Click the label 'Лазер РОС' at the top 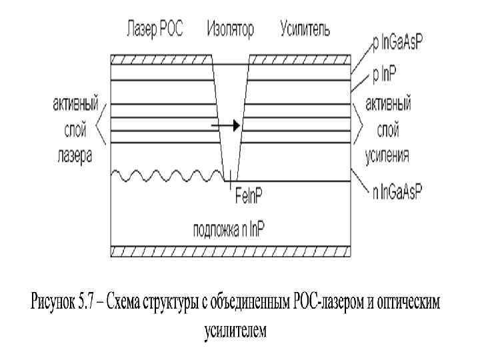[155, 29]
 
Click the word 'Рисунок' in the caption [51, 304]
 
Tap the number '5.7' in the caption [86, 304]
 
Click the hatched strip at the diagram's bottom [230, 251]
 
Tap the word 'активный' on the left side [75, 105]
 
